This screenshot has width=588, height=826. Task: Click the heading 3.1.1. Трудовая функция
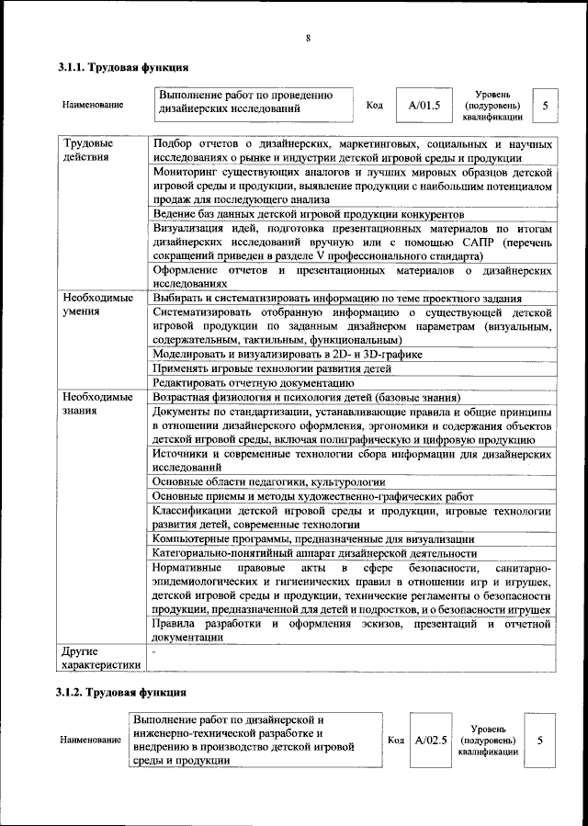123,67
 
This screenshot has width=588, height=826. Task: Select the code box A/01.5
424,105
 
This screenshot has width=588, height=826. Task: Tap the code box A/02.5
430,739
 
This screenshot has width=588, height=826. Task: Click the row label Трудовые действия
89,152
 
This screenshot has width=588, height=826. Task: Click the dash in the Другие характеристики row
155,651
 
